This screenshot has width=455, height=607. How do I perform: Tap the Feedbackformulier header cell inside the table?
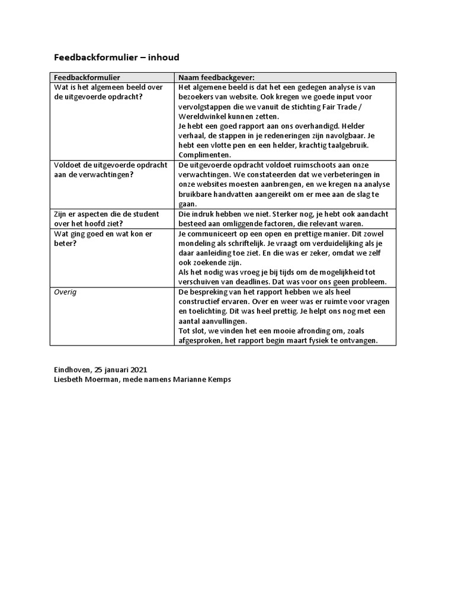click(87, 78)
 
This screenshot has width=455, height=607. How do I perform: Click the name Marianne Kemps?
click(203, 379)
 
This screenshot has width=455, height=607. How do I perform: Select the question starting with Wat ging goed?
click(103, 238)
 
